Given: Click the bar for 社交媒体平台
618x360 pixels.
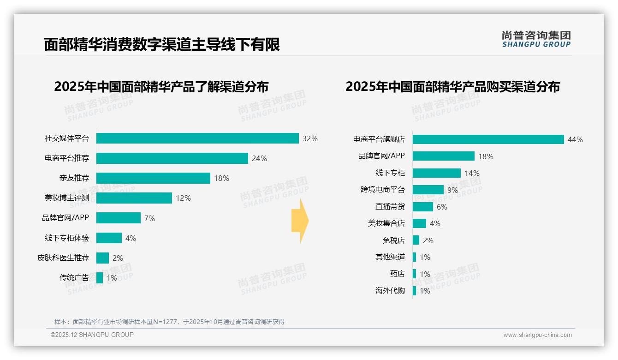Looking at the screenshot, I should [x=197, y=138].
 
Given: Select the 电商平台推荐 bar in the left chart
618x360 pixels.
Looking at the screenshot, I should [x=172, y=158].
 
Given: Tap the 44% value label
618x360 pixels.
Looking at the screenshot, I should [x=575, y=139].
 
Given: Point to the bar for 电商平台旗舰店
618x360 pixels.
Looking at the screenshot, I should [x=488, y=139].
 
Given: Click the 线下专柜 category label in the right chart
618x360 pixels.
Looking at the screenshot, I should [x=390, y=173].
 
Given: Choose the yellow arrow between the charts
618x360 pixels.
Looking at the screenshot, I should [x=300, y=221].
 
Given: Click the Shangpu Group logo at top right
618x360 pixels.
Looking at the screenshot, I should [x=536, y=39].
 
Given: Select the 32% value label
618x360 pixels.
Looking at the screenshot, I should [x=310, y=138].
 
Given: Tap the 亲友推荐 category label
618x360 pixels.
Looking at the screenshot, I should [x=74, y=178].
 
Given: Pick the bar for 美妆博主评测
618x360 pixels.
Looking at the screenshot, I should [x=134, y=198].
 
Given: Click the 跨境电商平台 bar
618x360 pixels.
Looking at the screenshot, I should [x=428, y=190].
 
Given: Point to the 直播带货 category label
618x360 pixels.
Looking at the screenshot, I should [x=390, y=207].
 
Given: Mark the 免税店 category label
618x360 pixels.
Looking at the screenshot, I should [x=393, y=240].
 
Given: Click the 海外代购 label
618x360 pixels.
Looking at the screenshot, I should [x=390, y=291].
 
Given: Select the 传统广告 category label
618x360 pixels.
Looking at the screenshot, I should [x=74, y=278].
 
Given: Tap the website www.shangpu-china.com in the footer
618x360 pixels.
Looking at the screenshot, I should [x=537, y=335].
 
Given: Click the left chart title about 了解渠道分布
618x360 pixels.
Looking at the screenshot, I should [x=161, y=87].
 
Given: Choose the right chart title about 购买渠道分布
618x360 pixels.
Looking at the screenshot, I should [x=452, y=87].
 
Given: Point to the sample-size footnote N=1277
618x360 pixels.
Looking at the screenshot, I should [x=169, y=322].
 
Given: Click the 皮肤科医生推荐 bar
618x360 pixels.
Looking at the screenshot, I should [x=102, y=258].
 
